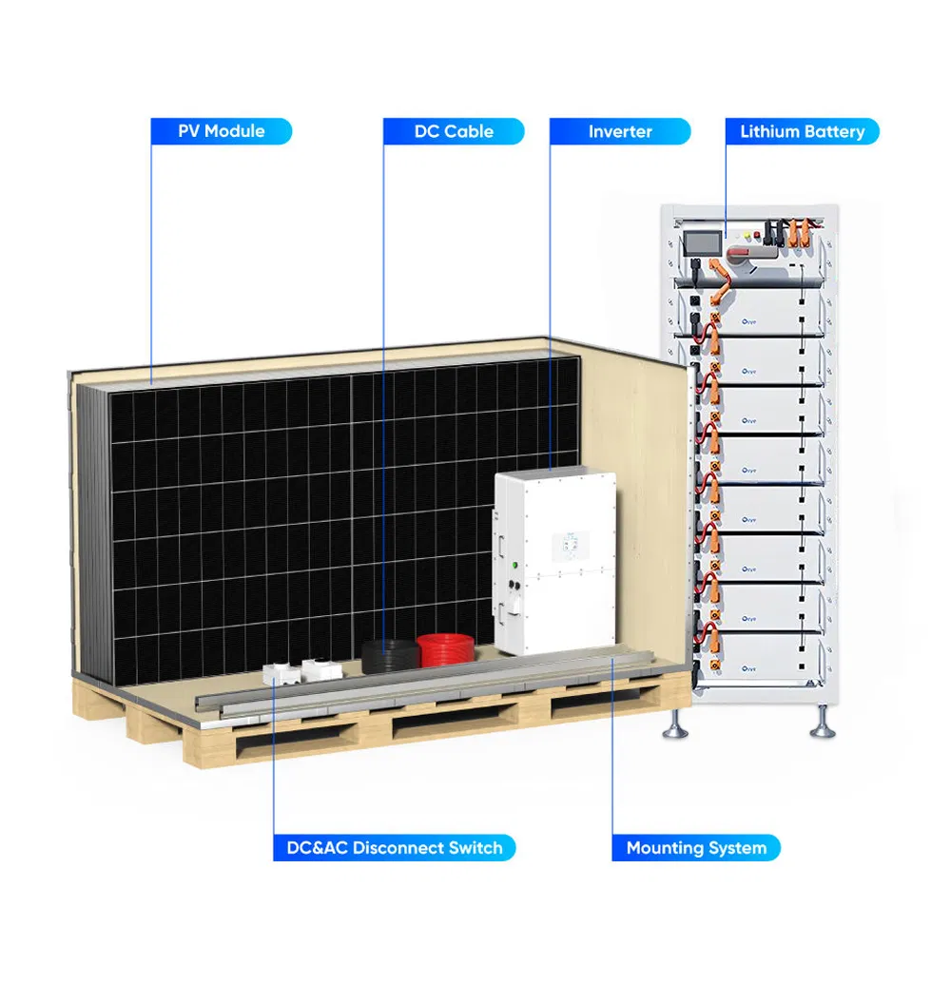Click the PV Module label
click(x=221, y=131)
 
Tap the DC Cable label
click(x=454, y=131)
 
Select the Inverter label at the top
click(x=620, y=131)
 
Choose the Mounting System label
click(x=696, y=848)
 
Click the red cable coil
click(x=446, y=650)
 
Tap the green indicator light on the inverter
click(x=514, y=565)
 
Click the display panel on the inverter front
click(x=571, y=546)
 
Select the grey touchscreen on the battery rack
click(x=702, y=243)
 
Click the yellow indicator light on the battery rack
click(x=747, y=236)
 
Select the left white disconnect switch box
click(x=281, y=674)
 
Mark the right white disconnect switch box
click(x=322, y=669)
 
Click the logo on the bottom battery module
click(x=748, y=669)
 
